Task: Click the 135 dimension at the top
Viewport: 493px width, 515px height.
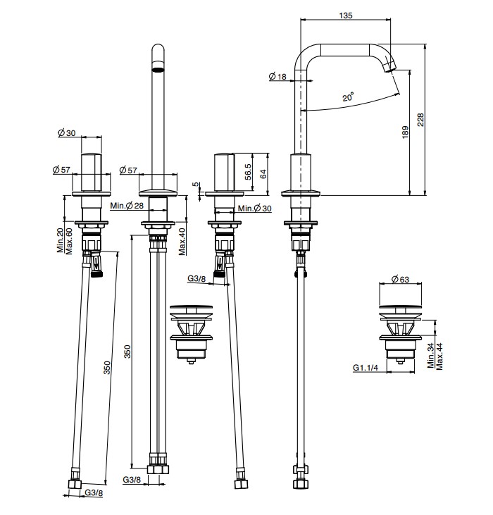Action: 346,15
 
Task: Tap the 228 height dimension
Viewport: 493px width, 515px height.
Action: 420,120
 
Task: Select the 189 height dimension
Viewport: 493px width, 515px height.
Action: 406,132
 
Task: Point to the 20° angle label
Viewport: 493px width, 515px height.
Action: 348,97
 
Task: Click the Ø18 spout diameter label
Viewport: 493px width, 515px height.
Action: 277,77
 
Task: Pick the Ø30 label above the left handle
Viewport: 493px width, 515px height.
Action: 67,132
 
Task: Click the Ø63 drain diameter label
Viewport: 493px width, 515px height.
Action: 401,279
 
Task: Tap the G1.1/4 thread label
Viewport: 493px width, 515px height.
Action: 366,367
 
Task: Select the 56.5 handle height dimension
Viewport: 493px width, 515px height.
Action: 249,171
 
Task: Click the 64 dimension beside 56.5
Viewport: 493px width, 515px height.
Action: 263,174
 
